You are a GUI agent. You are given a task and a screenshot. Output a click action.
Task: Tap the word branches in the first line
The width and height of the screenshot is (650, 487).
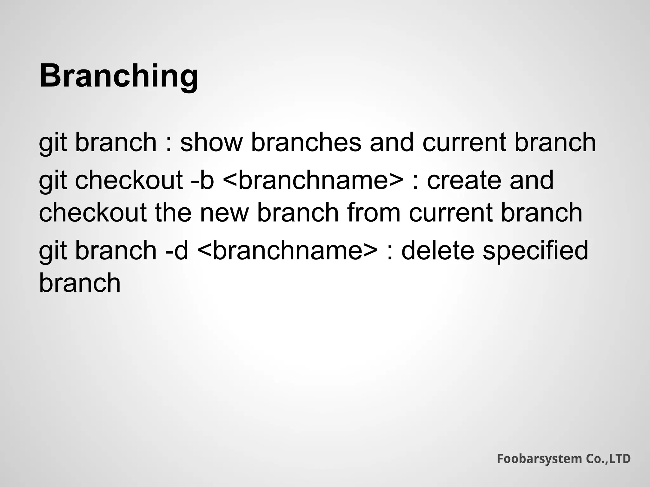(x=306, y=142)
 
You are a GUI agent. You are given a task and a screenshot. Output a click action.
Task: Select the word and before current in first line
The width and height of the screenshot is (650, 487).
(x=392, y=142)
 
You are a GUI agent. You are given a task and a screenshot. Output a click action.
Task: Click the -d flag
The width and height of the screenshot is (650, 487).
(x=177, y=250)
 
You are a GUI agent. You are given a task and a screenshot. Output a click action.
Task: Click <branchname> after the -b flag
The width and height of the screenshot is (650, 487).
(x=313, y=180)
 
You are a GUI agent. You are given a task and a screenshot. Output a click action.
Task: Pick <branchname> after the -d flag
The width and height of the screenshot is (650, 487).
(x=288, y=250)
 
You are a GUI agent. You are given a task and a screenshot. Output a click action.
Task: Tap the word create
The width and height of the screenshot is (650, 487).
(x=464, y=180)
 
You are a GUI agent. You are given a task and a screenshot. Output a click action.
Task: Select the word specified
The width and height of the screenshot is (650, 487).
(x=535, y=250)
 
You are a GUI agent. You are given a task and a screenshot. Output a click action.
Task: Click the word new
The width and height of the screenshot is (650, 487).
(x=224, y=212)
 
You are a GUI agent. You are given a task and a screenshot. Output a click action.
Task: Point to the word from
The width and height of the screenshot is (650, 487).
(x=374, y=212)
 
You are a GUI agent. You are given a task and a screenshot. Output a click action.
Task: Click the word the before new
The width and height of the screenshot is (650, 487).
(x=173, y=212)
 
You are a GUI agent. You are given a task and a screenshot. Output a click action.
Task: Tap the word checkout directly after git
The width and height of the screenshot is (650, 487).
(x=129, y=180)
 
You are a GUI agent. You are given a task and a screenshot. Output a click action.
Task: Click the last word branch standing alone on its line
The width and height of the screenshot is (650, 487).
(x=80, y=283)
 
